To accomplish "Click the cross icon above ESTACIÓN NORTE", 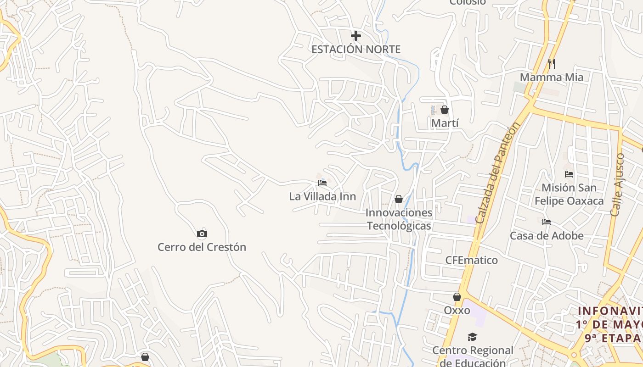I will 355,36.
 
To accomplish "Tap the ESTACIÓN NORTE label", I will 356,50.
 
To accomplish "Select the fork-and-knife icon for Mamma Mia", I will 552,63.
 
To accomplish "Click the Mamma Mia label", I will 552,77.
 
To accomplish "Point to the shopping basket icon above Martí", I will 444,110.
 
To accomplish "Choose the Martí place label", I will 445,123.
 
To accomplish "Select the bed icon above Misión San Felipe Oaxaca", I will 569,174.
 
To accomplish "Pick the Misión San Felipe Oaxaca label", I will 569,194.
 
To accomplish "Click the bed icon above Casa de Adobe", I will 547,222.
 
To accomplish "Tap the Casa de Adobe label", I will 547,236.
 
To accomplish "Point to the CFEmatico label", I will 471,260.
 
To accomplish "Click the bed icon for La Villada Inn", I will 322,183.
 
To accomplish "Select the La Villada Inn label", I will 322,196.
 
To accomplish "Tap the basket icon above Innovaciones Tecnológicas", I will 399,199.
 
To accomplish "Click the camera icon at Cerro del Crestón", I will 202,234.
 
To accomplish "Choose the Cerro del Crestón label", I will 202,247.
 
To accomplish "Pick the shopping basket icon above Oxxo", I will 457,297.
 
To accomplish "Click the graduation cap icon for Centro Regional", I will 473,337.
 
